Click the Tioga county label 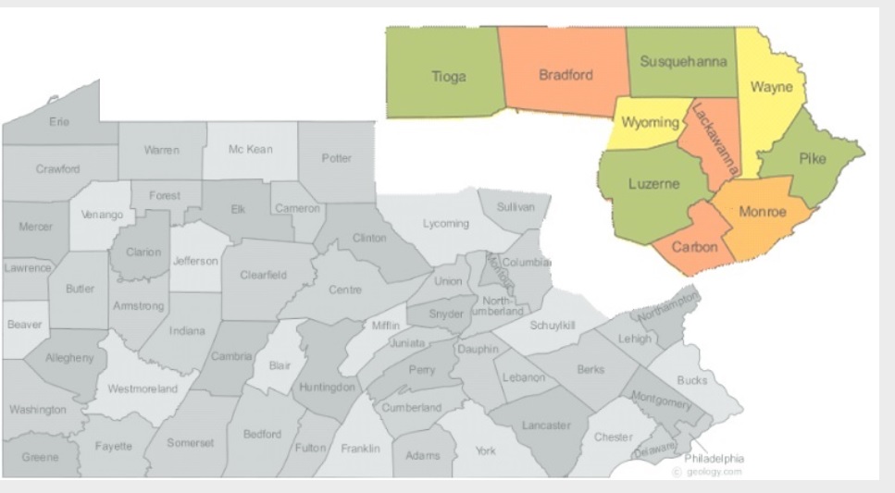449,77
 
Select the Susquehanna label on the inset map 683,61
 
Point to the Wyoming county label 649,122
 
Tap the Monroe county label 763,212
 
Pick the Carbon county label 694,247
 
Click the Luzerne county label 653,183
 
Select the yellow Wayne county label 770,88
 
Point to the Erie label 58,121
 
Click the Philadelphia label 715,458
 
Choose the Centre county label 345,290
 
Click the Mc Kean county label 250,149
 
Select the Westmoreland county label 143,388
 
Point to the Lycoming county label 446,224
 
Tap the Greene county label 40,457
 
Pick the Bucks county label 691,380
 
